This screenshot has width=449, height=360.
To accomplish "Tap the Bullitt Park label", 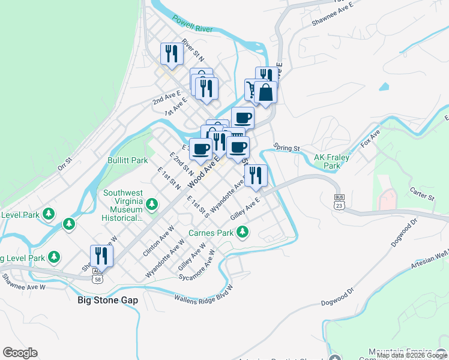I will click(127, 161).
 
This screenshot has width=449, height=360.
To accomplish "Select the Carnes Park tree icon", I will click(243, 231).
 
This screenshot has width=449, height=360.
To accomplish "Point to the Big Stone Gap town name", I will click(108, 300).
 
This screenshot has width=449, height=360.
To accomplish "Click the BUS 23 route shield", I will click(340, 201).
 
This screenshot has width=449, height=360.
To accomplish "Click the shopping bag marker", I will click(265, 93).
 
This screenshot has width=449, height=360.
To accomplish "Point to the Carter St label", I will click(422, 196).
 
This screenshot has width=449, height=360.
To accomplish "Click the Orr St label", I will click(64, 165).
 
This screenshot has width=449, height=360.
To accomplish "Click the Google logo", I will click(20, 353).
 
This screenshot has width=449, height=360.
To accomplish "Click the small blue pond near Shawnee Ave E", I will click(383, 86).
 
